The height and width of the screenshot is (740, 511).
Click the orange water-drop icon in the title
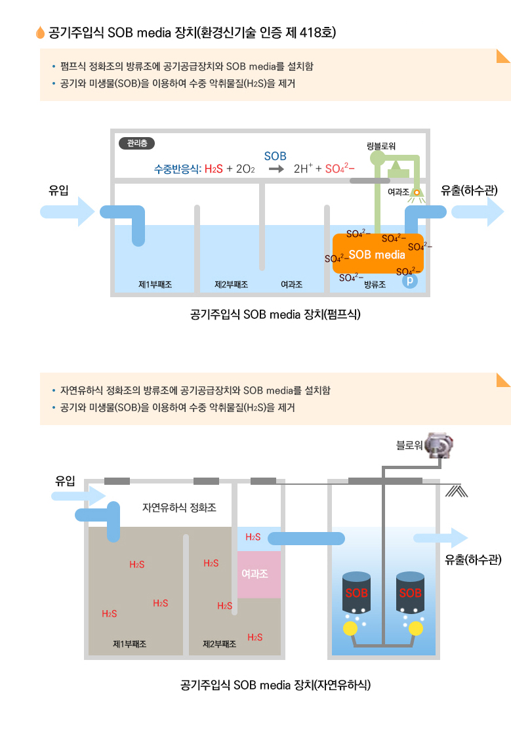(41, 32)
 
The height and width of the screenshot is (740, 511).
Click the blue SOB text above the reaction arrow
(276, 156)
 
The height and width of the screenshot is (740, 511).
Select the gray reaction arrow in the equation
(276, 169)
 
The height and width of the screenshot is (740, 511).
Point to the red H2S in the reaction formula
(213, 169)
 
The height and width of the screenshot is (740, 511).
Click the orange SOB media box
(377, 254)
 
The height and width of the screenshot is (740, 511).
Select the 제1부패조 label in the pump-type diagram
(155, 285)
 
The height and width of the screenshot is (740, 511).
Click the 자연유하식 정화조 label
(179, 508)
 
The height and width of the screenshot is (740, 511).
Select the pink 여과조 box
(258, 574)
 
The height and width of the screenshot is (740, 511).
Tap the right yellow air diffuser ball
(416, 628)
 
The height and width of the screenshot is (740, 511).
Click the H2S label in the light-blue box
(253, 537)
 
